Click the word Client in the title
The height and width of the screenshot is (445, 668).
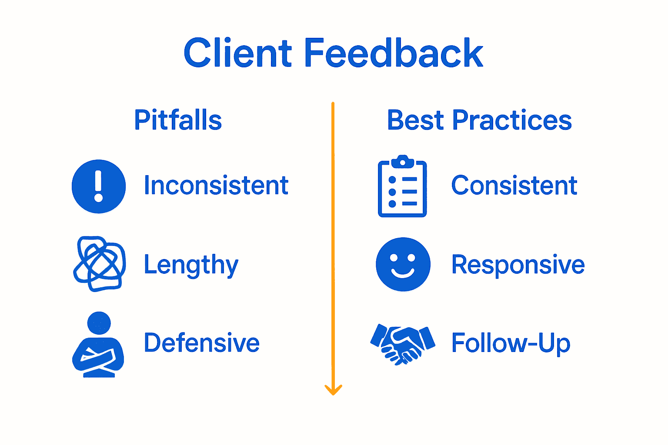pyautogui.click(x=237, y=53)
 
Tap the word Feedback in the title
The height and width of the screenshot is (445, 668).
pyautogui.click(x=394, y=53)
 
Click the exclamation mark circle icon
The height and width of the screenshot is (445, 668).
pyautogui.click(x=99, y=186)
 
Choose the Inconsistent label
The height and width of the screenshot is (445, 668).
pyautogui.click(x=216, y=186)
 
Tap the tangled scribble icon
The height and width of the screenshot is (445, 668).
pyautogui.click(x=100, y=264)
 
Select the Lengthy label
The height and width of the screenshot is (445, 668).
pyautogui.click(x=191, y=265)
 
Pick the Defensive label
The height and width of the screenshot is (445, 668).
pyautogui.click(x=202, y=343)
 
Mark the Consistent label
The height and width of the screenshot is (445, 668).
pyautogui.click(x=514, y=186)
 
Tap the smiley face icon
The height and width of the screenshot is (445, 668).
pyautogui.click(x=403, y=264)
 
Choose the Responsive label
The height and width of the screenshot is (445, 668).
pyautogui.click(x=518, y=265)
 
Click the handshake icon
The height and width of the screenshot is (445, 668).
pyautogui.click(x=403, y=344)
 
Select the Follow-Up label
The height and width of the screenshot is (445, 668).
pyautogui.click(x=511, y=343)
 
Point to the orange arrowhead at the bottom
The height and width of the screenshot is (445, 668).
pyautogui.click(x=333, y=390)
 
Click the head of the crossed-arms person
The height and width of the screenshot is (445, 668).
pyautogui.click(x=99, y=323)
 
